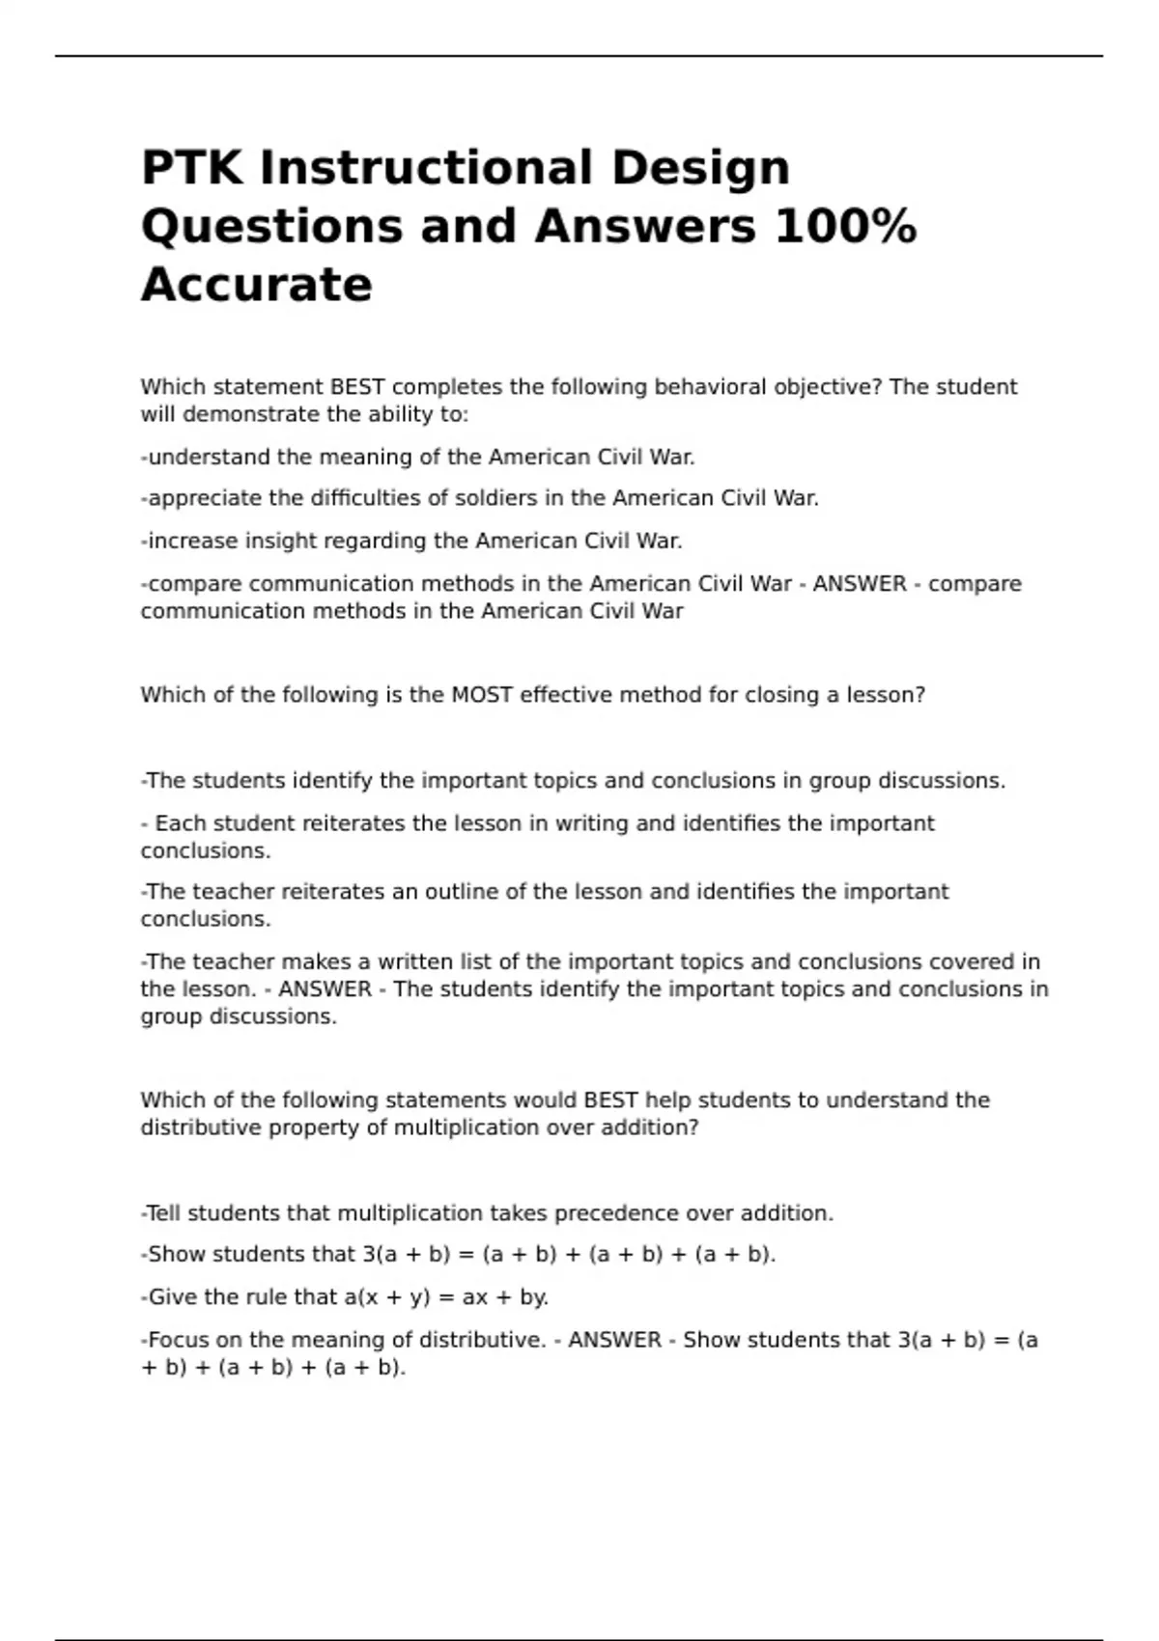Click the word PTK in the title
point(193,168)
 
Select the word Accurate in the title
point(257,285)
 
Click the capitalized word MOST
point(481,695)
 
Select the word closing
point(781,695)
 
